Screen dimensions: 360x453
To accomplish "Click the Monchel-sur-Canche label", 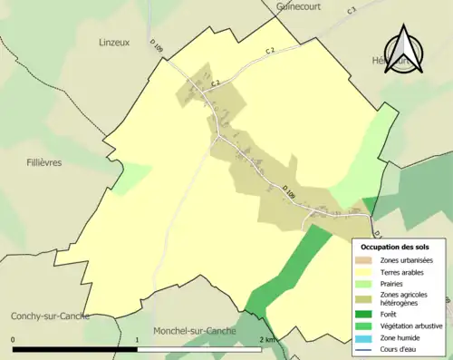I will (195, 331).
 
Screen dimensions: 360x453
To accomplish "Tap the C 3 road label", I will (352, 11).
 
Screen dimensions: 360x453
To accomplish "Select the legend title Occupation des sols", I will (395, 247).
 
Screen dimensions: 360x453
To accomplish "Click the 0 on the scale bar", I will (14, 340).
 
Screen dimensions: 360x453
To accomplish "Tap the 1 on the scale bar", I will (137, 340).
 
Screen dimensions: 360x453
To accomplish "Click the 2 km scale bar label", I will (266, 340).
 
